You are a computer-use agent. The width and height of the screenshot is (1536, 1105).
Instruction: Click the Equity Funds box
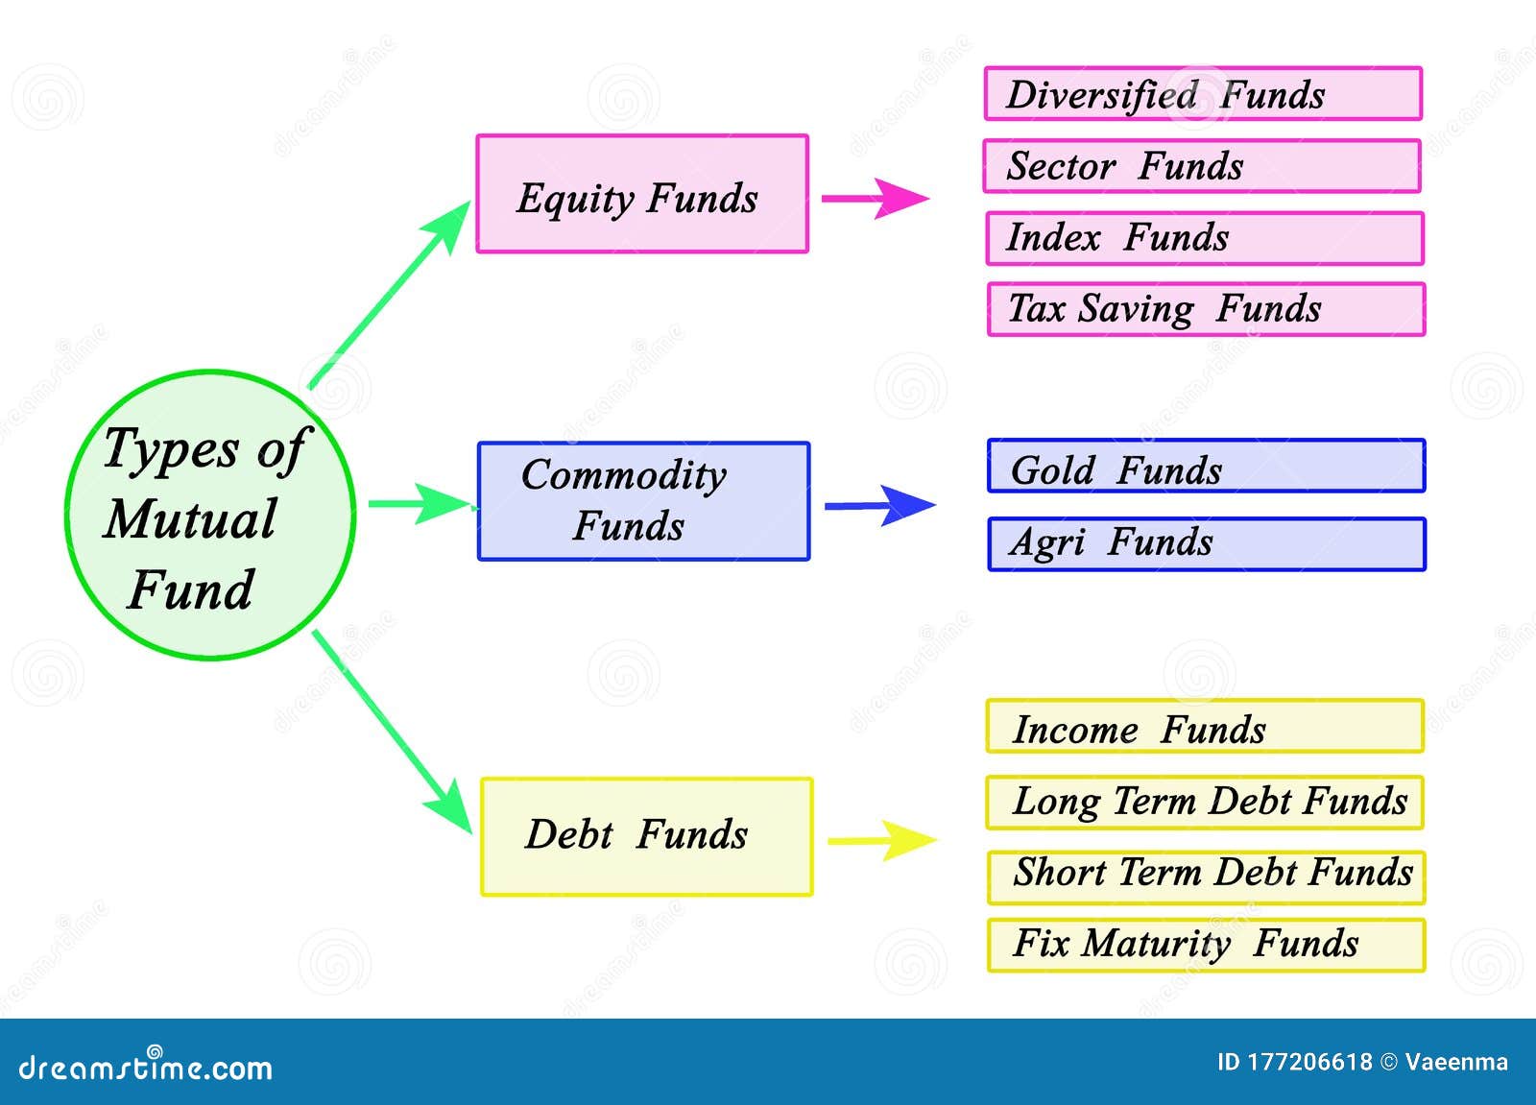[642, 194]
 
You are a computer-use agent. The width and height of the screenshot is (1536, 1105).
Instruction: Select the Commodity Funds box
[643, 501]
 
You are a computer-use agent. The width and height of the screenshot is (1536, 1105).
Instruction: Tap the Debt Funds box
[646, 836]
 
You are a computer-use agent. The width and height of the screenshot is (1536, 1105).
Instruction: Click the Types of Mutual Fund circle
[210, 516]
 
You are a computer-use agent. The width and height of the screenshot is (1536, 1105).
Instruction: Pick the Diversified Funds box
[1203, 94]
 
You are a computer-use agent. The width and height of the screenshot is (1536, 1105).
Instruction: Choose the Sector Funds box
[1201, 166]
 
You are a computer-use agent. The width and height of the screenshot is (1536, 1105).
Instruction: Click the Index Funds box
[1204, 238]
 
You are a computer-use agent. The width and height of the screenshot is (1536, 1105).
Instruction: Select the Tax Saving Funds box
[1206, 309]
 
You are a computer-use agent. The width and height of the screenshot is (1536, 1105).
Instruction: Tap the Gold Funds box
[1206, 467]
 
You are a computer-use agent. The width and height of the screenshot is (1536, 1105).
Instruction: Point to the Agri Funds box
[1207, 544]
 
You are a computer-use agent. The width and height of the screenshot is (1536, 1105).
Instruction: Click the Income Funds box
[1204, 727]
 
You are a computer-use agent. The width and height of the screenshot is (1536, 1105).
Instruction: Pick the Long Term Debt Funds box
[1204, 803]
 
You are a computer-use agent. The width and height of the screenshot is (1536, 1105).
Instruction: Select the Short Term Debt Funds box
[1206, 877]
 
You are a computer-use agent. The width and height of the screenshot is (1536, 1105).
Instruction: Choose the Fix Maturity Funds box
[1206, 946]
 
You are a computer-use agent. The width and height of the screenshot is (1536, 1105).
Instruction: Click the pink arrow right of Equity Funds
[875, 200]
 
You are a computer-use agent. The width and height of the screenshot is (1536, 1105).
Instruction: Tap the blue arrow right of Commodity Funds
[878, 506]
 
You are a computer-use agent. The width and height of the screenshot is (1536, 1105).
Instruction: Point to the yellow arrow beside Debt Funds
[881, 841]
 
